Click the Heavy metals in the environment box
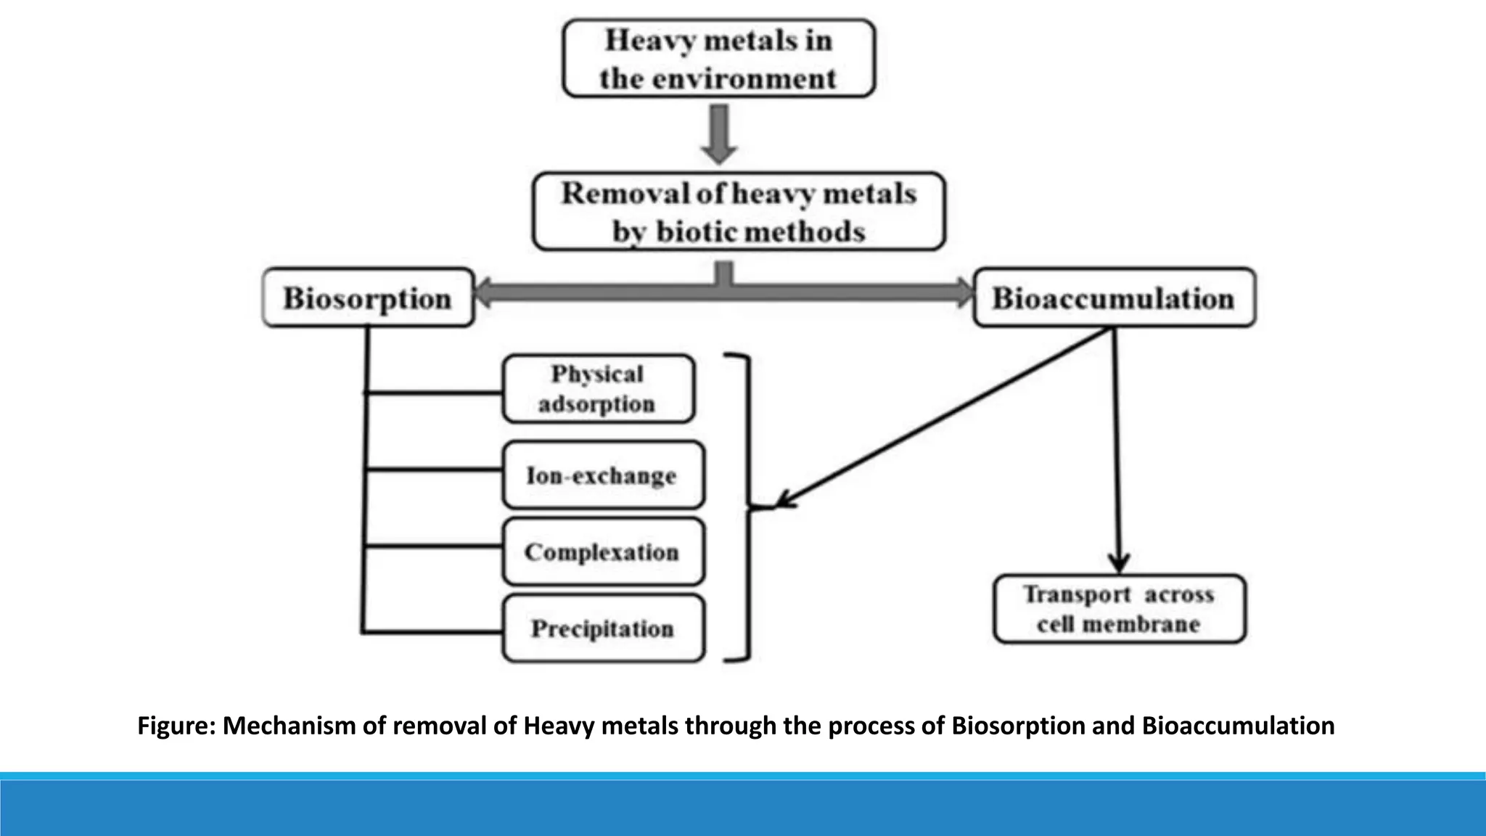[718, 58]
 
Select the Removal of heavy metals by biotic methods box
[739, 211]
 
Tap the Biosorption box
[368, 298]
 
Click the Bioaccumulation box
[1113, 298]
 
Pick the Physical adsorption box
[598, 389]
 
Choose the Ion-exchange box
[602, 475]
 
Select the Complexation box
[602, 552]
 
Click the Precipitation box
[602, 628]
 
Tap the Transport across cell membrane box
[1119, 609]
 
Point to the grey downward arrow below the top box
[718, 134]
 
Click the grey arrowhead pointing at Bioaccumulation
[964, 293]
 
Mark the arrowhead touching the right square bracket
[784, 501]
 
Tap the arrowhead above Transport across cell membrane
[1119, 563]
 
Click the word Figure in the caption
[176, 726]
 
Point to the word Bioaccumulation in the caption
[1238, 726]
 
